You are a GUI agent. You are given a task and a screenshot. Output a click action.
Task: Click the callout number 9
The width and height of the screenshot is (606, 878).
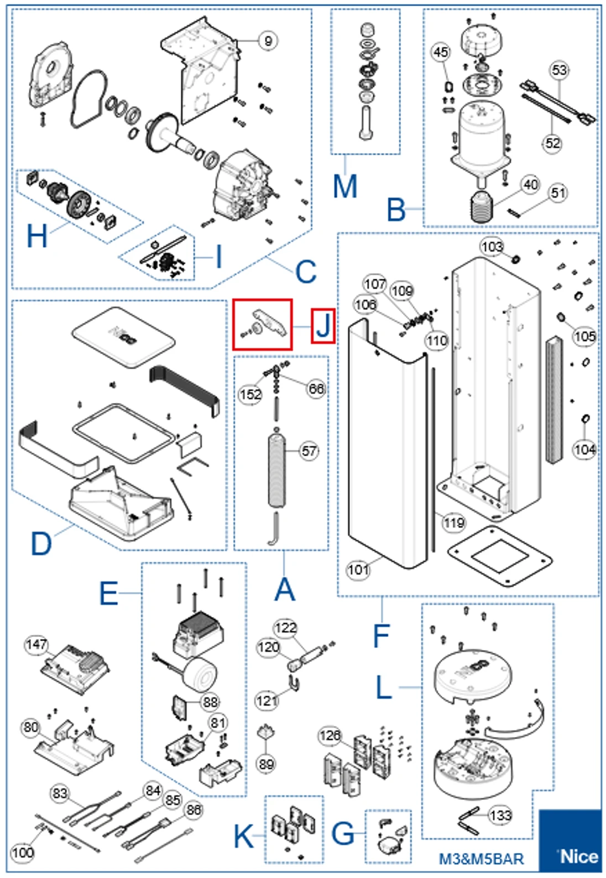pyautogui.click(x=268, y=40)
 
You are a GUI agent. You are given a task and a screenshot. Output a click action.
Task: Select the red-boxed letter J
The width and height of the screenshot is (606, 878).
pyautogui.click(x=323, y=326)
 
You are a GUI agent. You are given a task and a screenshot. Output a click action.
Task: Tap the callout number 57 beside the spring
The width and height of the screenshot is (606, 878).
pyautogui.click(x=309, y=451)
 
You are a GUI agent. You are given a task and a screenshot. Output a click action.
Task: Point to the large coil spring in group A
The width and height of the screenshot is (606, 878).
pyautogui.click(x=276, y=470)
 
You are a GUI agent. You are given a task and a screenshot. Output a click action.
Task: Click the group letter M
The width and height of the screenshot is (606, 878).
pyautogui.click(x=345, y=186)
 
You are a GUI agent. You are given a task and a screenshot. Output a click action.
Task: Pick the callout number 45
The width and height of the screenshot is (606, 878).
pyautogui.click(x=441, y=52)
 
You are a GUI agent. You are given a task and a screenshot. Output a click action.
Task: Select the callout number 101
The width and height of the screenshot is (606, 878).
pyautogui.click(x=358, y=569)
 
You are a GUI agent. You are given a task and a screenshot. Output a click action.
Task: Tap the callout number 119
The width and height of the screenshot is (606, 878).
pyautogui.click(x=454, y=522)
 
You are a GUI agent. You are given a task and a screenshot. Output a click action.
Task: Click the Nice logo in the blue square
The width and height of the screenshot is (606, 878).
pyautogui.click(x=578, y=856)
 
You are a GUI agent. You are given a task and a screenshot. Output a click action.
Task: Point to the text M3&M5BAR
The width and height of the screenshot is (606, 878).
pyautogui.click(x=481, y=859)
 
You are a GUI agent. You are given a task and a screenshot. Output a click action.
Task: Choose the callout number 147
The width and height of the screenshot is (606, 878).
pyautogui.click(x=36, y=644)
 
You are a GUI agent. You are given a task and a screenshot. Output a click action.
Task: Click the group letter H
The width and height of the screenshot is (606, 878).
pyautogui.click(x=37, y=236)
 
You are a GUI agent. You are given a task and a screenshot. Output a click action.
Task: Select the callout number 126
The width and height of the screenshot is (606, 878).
pyautogui.click(x=330, y=735)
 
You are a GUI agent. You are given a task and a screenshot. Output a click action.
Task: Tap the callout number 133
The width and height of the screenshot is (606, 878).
pyautogui.click(x=500, y=815)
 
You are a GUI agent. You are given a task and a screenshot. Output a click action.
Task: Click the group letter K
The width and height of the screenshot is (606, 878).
pyautogui.click(x=244, y=835)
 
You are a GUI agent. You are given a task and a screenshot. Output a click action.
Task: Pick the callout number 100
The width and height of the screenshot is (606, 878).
pyautogui.click(x=23, y=852)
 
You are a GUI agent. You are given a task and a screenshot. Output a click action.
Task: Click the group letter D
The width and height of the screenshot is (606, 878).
pyautogui.click(x=41, y=543)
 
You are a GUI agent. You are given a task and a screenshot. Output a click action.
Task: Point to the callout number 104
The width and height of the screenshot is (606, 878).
pyautogui.click(x=584, y=449)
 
